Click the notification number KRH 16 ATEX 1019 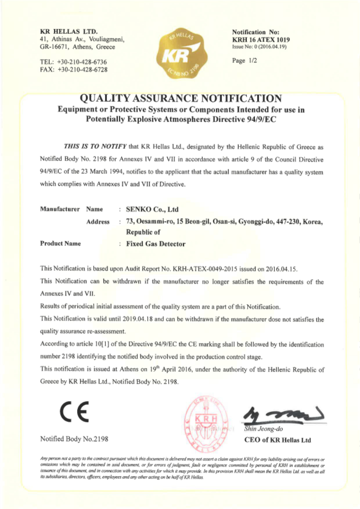point(261,40)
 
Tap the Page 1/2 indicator point(244,61)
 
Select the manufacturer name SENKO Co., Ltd point(152,209)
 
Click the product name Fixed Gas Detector point(156,244)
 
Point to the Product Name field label point(60,244)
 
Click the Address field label point(98,222)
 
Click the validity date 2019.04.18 point(138,319)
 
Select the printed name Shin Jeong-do point(263,429)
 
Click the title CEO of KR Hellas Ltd point(277,440)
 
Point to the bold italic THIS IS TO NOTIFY point(95,147)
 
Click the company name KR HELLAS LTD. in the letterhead point(69,31)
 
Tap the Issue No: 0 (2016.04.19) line point(259,47)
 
